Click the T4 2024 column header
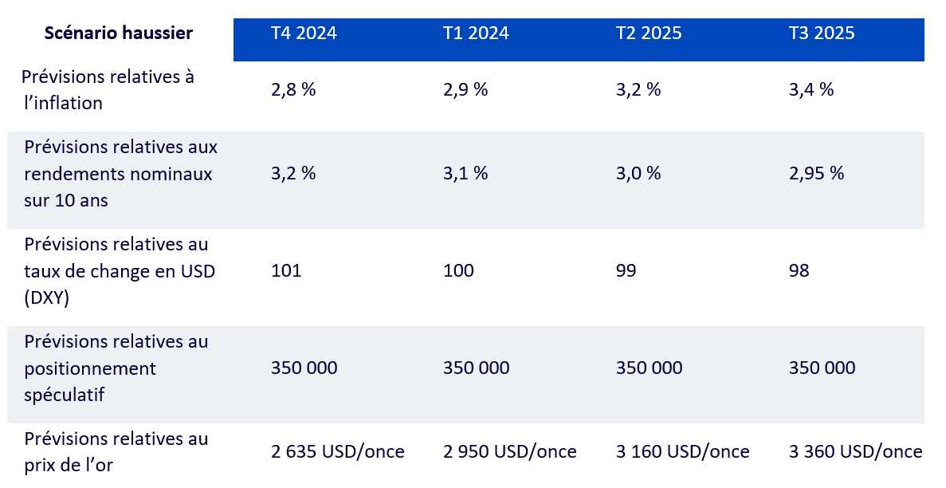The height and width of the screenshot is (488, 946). [304, 33]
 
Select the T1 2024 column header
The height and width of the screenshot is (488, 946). [476, 33]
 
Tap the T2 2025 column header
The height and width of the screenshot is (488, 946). [649, 33]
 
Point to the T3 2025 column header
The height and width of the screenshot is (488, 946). [822, 33]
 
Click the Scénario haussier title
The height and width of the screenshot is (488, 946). [119, 33]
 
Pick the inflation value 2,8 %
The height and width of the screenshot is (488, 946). [293, 90]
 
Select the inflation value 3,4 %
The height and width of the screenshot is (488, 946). [811, 90]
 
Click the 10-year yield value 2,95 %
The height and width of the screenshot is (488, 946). [816, 174]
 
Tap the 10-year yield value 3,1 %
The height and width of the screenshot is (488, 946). [465, 174]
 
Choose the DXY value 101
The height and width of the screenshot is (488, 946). [286, 271]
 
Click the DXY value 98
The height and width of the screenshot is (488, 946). [799, 271]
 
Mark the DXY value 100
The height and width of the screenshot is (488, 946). [458, 271]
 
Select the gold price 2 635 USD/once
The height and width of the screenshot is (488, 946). [338, 452]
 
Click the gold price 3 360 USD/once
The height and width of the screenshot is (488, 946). [856, 452]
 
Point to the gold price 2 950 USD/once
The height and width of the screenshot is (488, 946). [510, 452]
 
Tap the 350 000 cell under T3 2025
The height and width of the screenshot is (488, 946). [822, 368]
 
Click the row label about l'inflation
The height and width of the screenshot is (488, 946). [108, 90]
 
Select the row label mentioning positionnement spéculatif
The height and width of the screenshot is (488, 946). [116, 368]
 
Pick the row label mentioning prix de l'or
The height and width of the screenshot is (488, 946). [116, 451]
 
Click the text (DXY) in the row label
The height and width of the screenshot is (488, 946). [47, 297]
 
